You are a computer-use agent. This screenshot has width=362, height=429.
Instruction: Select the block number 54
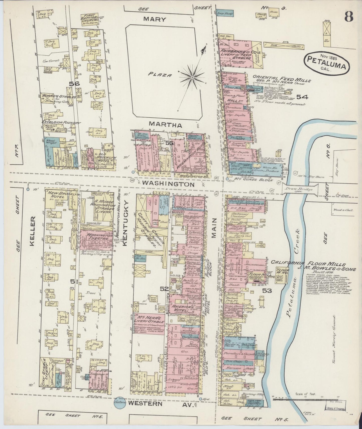point(302,97)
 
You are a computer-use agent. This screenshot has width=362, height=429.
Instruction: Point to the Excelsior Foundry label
point(61,123)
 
